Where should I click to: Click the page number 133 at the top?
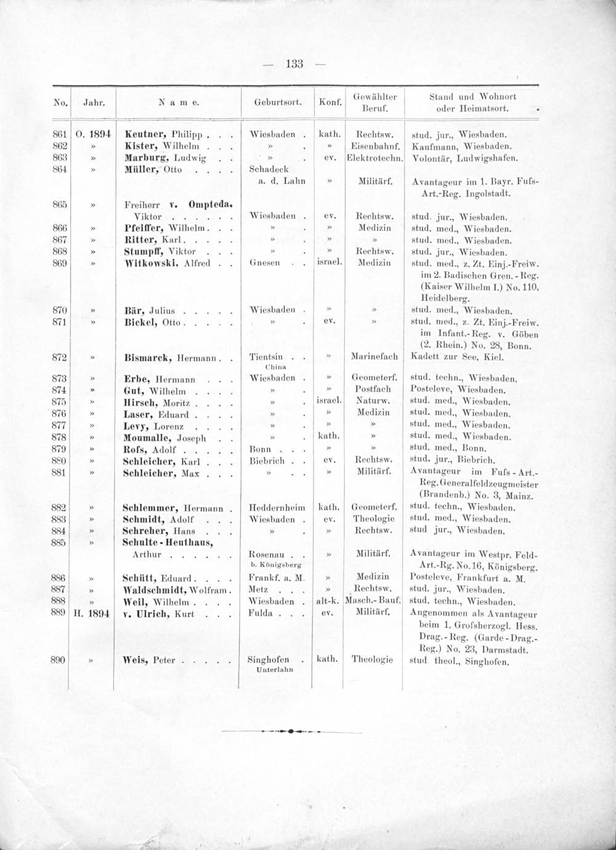pyautogui.click(x=294, y=63)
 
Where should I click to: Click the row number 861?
pyautogui.click(x=60, y=134)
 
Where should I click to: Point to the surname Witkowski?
pyautogui.click(x=151, y=263)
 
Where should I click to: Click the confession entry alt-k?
pyautogui.click(x=328, y=601)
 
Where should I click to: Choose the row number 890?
pyautogui.click(x=60, y=660)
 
